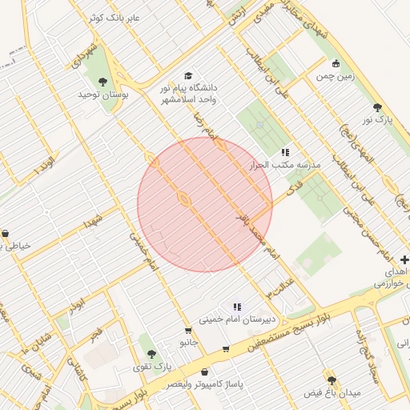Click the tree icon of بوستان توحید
(x=102, y=81)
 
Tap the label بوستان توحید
(x=103, y=95)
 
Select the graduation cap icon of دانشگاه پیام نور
(x=188, y=75)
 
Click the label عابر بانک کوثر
(x=117, y=17)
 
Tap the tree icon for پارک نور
(x=377, y=107)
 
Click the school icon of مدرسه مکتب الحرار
(x=284, y=152)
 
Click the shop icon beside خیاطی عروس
(x=6, y=234)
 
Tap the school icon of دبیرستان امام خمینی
(x=236, y=306)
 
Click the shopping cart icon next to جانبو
(x=187, y=330)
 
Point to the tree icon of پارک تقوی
(x=150, y=353)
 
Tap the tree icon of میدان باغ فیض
(x=332, y=380)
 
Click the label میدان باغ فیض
(x=332, y=394)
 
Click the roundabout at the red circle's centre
(x=183, y=199)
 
